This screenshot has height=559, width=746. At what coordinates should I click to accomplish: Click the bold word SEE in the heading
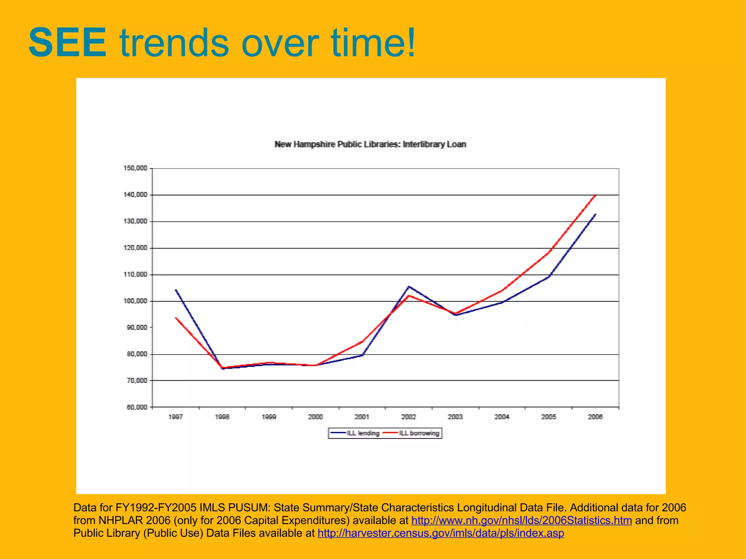tap(68, 43)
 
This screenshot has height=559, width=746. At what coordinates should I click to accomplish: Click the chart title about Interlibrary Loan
tap(370, 144)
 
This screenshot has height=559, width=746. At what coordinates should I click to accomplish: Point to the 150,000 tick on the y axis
tap(136, 168)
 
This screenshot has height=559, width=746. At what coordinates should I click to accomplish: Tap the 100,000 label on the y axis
tap(136, 301)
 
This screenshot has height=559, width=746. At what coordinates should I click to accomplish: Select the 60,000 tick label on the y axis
tap(137, 407)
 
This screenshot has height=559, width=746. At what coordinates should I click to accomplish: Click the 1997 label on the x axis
tap(176, 417)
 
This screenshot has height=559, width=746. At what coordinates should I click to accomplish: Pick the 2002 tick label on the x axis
tap(409, 417)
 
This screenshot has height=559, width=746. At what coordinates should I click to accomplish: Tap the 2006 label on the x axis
tap(595, 417)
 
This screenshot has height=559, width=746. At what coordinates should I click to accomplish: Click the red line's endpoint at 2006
tap(595, 195)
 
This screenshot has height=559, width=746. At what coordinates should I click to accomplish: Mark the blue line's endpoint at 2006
tap(595, 214)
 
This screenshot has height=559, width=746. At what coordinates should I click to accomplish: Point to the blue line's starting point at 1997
tap(176, 290)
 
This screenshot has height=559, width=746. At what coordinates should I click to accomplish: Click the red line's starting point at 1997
tap(176, 318)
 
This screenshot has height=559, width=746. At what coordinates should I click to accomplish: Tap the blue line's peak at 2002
tap(409, 287)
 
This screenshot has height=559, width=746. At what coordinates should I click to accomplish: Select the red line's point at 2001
tap(362, 341)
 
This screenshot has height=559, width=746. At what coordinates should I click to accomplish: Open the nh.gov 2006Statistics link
tap(521, 520)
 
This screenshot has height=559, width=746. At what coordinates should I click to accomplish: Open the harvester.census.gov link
tap(441, 533)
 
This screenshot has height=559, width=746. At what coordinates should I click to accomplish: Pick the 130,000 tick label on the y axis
tap(136, 221)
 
